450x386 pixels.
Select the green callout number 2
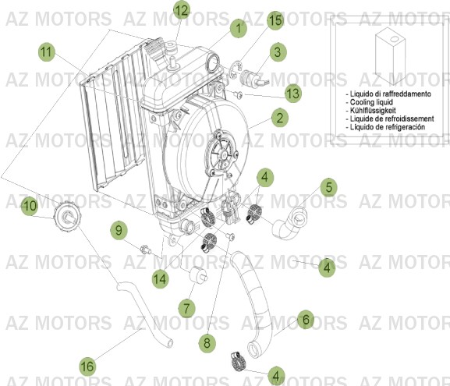point(278,119)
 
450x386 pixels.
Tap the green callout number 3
point(277,53)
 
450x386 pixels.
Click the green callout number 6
point(306,320)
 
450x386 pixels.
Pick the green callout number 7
point(186,308)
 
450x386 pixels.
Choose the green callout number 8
point(207,341)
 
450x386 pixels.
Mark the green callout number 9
point(119,230)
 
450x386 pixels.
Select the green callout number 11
point(47,52)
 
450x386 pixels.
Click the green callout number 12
point(181,10)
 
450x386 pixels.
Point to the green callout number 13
point(292,93)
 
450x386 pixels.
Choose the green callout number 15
point(275,20)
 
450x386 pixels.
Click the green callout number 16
point(87,364)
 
